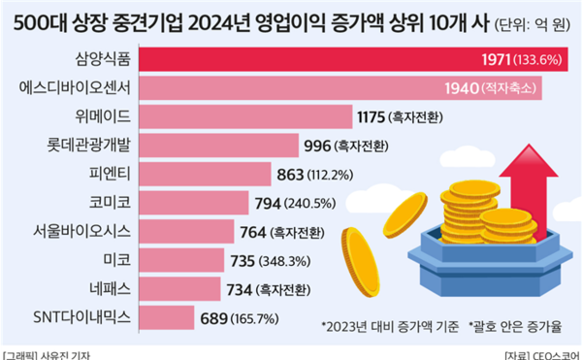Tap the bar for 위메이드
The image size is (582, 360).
[247, 117]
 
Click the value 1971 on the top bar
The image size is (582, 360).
[499, 60]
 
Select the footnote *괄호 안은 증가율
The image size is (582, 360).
[519, 325]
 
